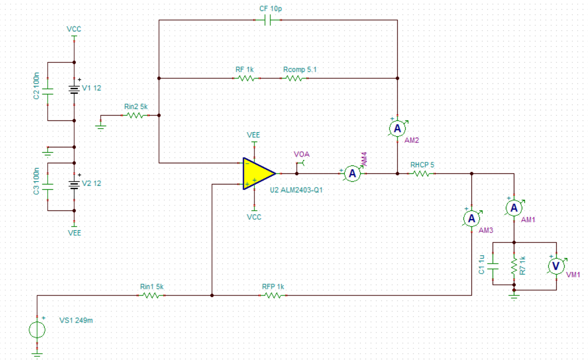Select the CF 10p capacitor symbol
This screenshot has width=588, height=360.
click(268, 20)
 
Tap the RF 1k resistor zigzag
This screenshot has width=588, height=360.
click(246, 78)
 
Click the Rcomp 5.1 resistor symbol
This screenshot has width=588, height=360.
click(294, 78)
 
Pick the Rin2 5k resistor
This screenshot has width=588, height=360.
click(135, 115)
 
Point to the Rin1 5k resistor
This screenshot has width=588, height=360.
click(151, 296)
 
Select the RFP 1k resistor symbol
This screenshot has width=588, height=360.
click(273, 296)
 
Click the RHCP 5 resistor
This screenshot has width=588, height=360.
click(421, 173)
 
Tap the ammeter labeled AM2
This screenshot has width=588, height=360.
click(397, 128)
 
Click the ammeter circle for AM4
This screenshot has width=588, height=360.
click(352, 173)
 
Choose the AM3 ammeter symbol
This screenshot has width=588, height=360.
click(472, 218)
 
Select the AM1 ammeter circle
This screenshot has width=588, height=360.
click(514, 208)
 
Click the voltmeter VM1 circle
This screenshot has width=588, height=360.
click(556, 266)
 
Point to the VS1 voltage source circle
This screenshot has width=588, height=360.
click(37, 330)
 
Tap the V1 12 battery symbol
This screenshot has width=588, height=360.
click(74, 90)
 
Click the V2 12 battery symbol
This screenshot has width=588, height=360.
click(74, 185)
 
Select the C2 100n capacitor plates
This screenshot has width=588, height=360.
click(48, 91)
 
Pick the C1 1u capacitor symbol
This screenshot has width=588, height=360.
click(493, 266)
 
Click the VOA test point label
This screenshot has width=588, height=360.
click(302, 154)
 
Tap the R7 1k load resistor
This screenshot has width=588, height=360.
click(514, 266)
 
